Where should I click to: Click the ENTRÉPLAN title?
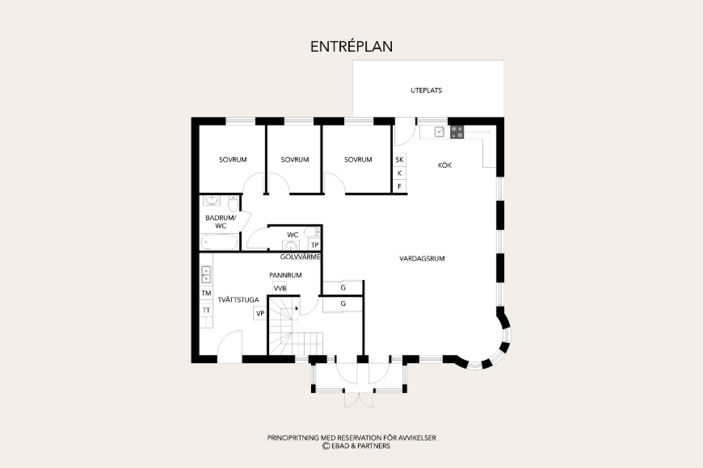pyautogui.click(x=351, y=47)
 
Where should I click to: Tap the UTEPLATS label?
pyautogui.click(x=426, y=90)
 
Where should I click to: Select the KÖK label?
pyautogui.click(x=444, y=165)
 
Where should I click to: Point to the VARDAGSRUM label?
pyautogui.click(x=422, y=258)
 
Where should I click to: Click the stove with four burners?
pyautogui.click(x=457, y=132)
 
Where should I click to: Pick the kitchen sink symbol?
pyautogui.click(x=440, y=132)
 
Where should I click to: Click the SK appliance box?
pyautogui.click(x=399, y=160)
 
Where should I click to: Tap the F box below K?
pyautogui.click(x=399, y=186)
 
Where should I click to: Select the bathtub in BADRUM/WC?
pyautogui.click(x=219, y=242)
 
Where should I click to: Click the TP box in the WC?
pyautogui.click(x=315, y=245)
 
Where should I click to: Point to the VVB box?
pyautogui.click(x=280, y=288)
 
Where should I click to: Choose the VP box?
pyautogui.click(x=260, y=314)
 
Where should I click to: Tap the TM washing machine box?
pyautogui.click(x=206, y=294)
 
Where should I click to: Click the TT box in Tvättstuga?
pyautogui.click(x=206, y=310)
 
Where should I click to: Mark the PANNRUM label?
pyautogui.click(x=285, y=275)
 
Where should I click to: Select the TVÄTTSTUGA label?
pyautogui.click(x=238, y=299)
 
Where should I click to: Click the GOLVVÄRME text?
pyautogui.click(x=301, y=257)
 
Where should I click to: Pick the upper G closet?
pyautogui.click(x=343, y=287)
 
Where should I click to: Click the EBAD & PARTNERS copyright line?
pyautogui.click(x=356, y=446)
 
